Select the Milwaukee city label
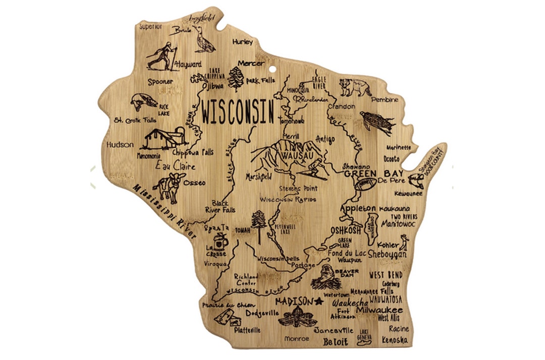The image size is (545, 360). point(379,310)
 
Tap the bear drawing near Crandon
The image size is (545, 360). point(356,87)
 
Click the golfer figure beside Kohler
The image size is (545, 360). point(403,245)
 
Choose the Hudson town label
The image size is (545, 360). point(120,145)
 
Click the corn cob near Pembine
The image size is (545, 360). point(377,123)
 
